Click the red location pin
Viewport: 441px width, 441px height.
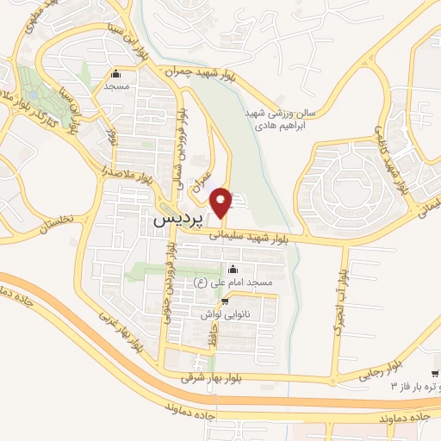point(223,202)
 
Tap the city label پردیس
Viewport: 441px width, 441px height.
point(177,220)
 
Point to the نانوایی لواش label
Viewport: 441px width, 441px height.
point(225,315)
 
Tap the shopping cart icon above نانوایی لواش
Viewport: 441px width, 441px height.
point(226,301)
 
